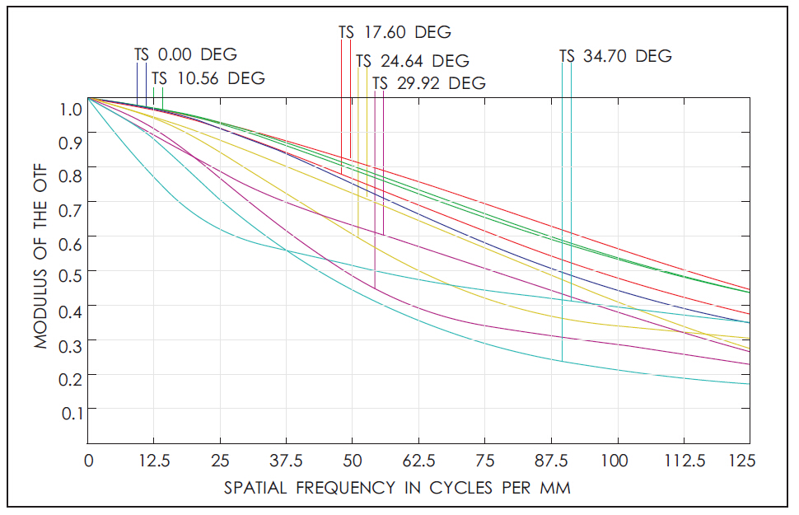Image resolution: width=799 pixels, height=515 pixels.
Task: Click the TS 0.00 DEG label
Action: tap(185, 55)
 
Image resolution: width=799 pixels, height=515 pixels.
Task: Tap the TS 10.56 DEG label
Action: tap(208, 79)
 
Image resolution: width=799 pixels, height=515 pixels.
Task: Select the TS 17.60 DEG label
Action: tap(395, 33)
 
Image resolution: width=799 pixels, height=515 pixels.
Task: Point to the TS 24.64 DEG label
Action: tap(413, 61)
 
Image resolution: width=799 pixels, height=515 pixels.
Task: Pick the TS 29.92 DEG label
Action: tap(429, 83)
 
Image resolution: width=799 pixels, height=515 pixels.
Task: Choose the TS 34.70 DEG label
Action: tap(615, 57)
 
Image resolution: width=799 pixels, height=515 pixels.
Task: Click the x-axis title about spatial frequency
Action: tap(397, 488)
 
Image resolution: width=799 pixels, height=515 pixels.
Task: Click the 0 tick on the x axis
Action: tap(88, 461)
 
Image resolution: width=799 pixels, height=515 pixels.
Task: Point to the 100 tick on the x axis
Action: tap(616, 461)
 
